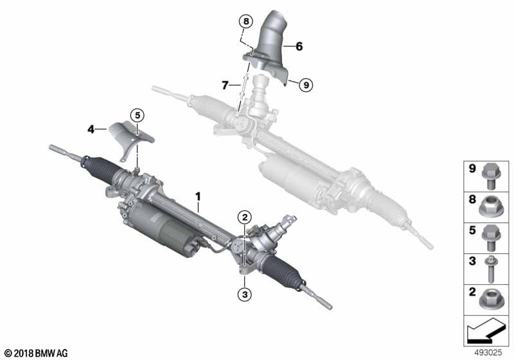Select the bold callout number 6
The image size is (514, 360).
coord(298,46)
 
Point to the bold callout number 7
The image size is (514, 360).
coord(225,84)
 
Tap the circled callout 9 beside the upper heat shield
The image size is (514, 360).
coord(306,84)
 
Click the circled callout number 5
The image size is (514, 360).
coord(136,115)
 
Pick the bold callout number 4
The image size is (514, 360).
coord(91,130)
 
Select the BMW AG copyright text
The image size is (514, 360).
coord(36,353)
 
